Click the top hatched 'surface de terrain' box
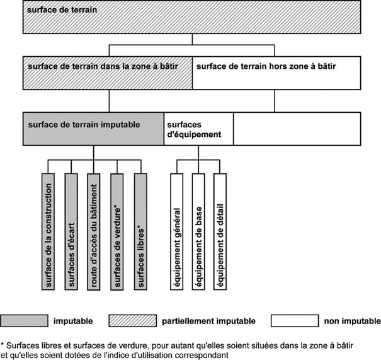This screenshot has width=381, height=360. [x=191, y=18]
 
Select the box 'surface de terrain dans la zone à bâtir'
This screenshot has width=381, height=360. [x=108, y=74]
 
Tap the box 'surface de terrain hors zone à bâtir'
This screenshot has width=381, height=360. [x=276, y=74]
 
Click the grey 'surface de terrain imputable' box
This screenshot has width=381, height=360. [x=93, y=129]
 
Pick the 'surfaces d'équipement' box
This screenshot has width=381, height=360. [x=198, y=129]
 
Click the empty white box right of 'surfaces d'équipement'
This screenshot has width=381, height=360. [x=297, y=129]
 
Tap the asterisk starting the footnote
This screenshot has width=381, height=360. [x=3, y=345]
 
